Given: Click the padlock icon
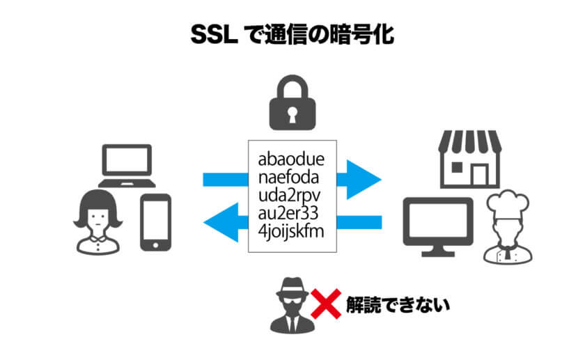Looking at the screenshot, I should pyautogui.click(x=292, y=104).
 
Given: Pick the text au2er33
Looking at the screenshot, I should pyautogui.click(x=287, y=211).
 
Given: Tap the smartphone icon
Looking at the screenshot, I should pyautogui.click(x=156, y=222).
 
